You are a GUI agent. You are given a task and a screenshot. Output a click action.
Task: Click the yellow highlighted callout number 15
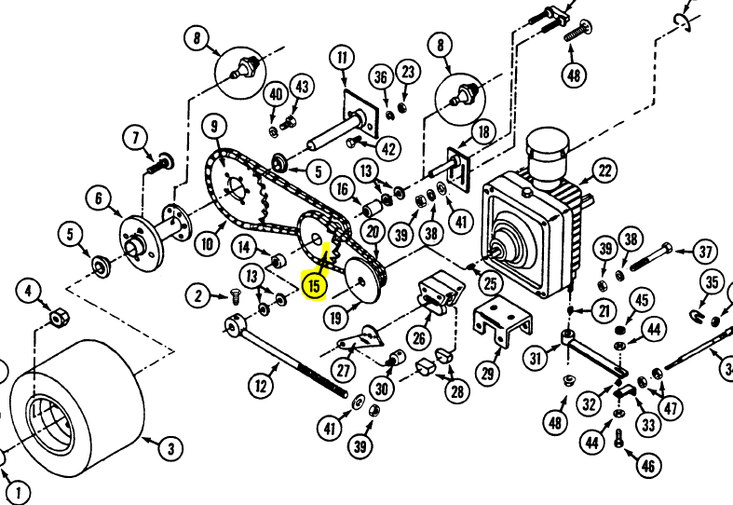click(x=314, y=286)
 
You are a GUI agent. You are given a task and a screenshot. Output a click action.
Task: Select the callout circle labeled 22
click(x=604, y=171)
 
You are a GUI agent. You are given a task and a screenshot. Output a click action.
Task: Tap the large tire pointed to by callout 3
click(x=77, y=408)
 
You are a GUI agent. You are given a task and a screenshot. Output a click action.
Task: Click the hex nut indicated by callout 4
click(x=59, y=319)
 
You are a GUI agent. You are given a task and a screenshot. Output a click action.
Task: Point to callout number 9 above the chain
click(x=214, y=127)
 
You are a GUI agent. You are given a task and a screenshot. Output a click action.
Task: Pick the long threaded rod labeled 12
click(x=286, y=355)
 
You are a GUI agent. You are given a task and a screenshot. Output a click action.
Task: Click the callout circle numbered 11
click(x=343, y=58)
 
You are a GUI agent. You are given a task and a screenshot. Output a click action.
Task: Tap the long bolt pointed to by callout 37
click(x=651, y=256)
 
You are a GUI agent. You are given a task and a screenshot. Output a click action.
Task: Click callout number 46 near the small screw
click(x=648, y=466)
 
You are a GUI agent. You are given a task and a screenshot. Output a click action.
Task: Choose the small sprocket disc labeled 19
click(x=363, y=280)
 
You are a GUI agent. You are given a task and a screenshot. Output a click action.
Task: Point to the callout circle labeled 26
click(x=419, y=337)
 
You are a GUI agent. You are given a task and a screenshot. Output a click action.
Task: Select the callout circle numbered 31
click(x=536, y=358)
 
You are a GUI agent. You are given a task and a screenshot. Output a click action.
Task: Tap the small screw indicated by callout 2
click(x=235, y=295)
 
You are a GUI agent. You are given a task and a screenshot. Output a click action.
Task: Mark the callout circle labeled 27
click(x=344, y=371)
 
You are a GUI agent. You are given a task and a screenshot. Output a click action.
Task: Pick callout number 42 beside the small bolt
click(x=389, y=149)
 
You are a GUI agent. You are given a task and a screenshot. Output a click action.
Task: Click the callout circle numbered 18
click(x=483, y=132)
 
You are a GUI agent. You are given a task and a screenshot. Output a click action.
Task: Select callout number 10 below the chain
click(x=207, y=243)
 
